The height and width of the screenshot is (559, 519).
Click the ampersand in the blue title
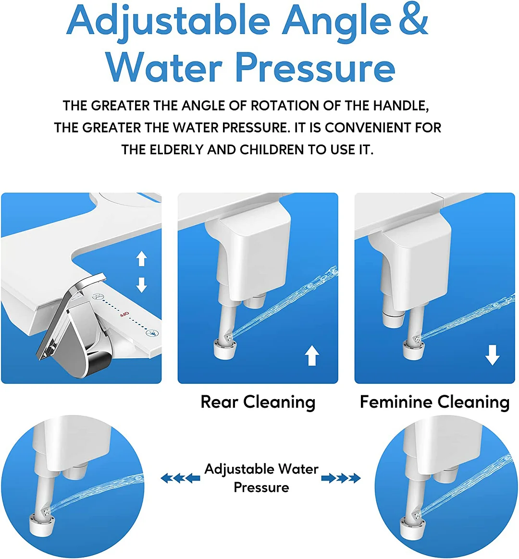point(412,20)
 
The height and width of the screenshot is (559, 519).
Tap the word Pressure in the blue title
point(315,67)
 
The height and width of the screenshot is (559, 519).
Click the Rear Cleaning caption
point(258,402)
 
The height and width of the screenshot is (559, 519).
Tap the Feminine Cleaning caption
point(434,402)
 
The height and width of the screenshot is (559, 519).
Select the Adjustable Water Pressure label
point(261,478)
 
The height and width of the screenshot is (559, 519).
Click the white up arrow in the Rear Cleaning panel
point(312,356)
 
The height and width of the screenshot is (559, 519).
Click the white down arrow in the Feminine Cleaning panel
point(492,356)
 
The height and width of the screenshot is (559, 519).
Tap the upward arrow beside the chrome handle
point(141,258)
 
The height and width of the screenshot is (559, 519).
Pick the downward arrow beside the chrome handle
point(141,284)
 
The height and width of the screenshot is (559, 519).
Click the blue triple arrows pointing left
point(180,478)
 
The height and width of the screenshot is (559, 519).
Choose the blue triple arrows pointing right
point(341,478)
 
